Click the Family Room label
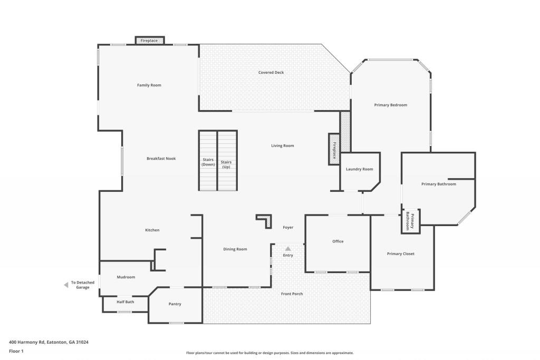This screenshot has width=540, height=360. (149, 85)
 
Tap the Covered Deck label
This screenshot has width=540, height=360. (271, 72)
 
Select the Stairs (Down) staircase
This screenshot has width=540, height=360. (208, 160)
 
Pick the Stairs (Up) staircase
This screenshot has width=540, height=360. (227, 160)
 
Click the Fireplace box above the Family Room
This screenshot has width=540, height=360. (149, 41)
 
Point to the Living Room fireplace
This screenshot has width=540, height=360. (334, 149)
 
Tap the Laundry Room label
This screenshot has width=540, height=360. (360, 169)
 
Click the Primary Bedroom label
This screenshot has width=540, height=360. (391, 105)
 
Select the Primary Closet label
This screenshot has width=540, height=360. (401, 254)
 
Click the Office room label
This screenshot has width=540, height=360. (338, 241)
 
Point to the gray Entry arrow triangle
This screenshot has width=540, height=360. (288, 248)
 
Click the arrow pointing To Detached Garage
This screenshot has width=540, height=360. (66, 285)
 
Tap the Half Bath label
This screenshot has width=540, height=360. (126, 302)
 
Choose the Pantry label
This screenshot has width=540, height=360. (175, 304)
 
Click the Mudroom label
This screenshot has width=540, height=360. (126, 277)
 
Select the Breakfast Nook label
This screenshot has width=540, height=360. (161, 159)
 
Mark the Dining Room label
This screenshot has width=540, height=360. (235, 249)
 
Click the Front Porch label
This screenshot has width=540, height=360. (292, 294)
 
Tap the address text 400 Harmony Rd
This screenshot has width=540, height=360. (27, 342)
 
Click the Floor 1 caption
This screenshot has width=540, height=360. (16, 351)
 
